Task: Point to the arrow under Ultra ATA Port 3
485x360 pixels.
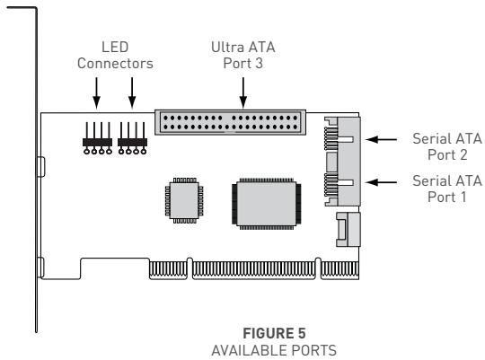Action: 242,89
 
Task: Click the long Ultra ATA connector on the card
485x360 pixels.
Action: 231,121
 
